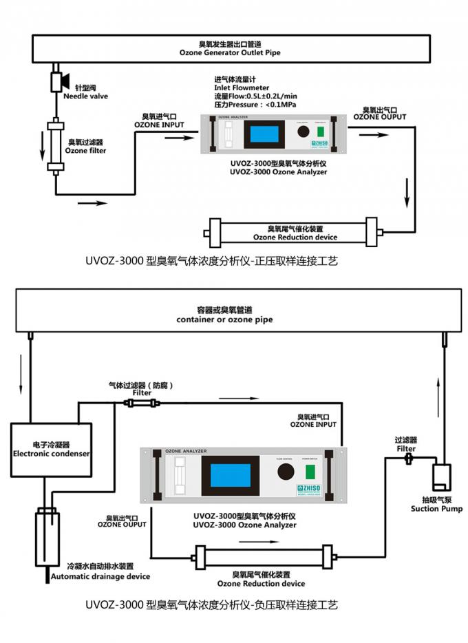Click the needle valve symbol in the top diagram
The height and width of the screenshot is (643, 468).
[58, 81]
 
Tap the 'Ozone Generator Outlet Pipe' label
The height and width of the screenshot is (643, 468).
[230, 52]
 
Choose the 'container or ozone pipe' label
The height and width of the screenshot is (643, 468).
[225, 319]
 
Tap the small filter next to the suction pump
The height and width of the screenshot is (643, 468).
[408, 457]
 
